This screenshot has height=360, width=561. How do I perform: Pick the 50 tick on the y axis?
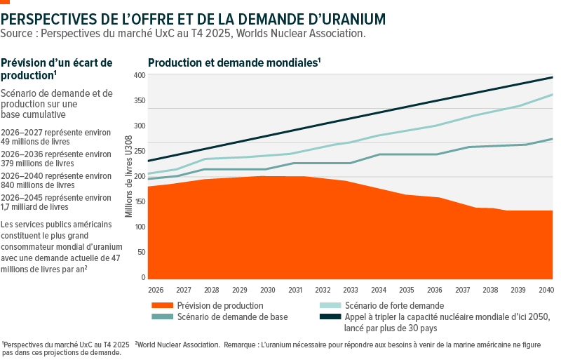(x=142, y=252)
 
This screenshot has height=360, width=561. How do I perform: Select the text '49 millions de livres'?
(x=34, y=142)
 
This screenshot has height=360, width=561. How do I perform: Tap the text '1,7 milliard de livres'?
(x=34, y=207)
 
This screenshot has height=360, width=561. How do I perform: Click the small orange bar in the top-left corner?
(x=5, y=2)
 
